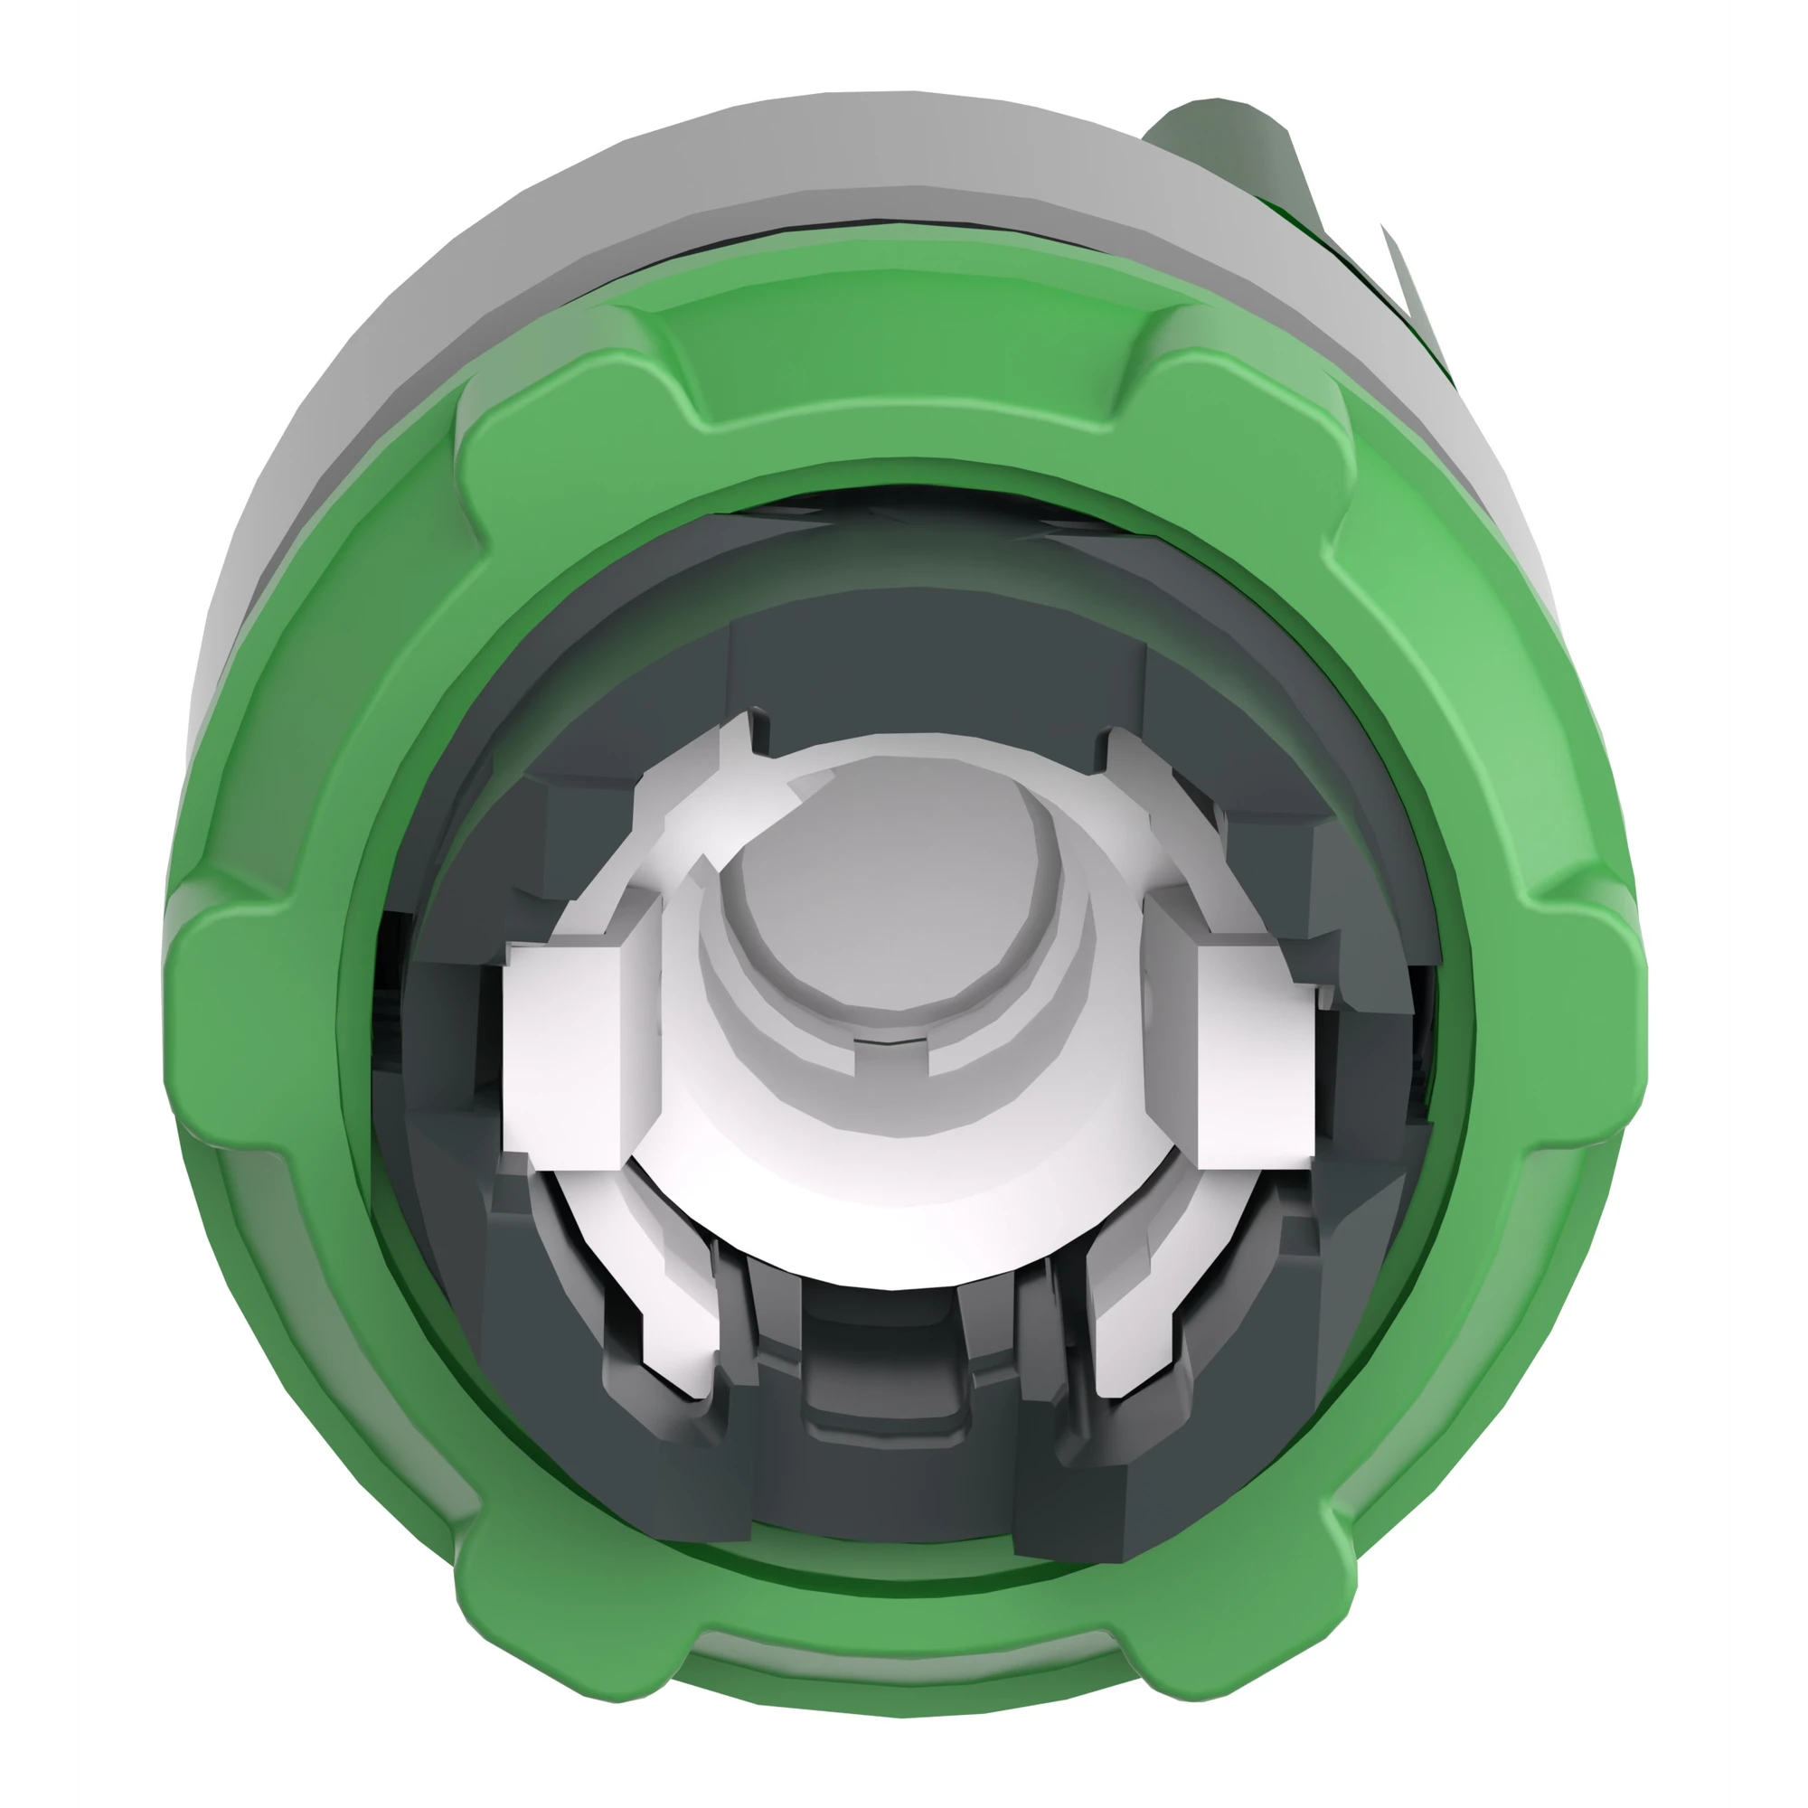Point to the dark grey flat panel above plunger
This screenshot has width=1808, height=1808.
click(x=936, y=673)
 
